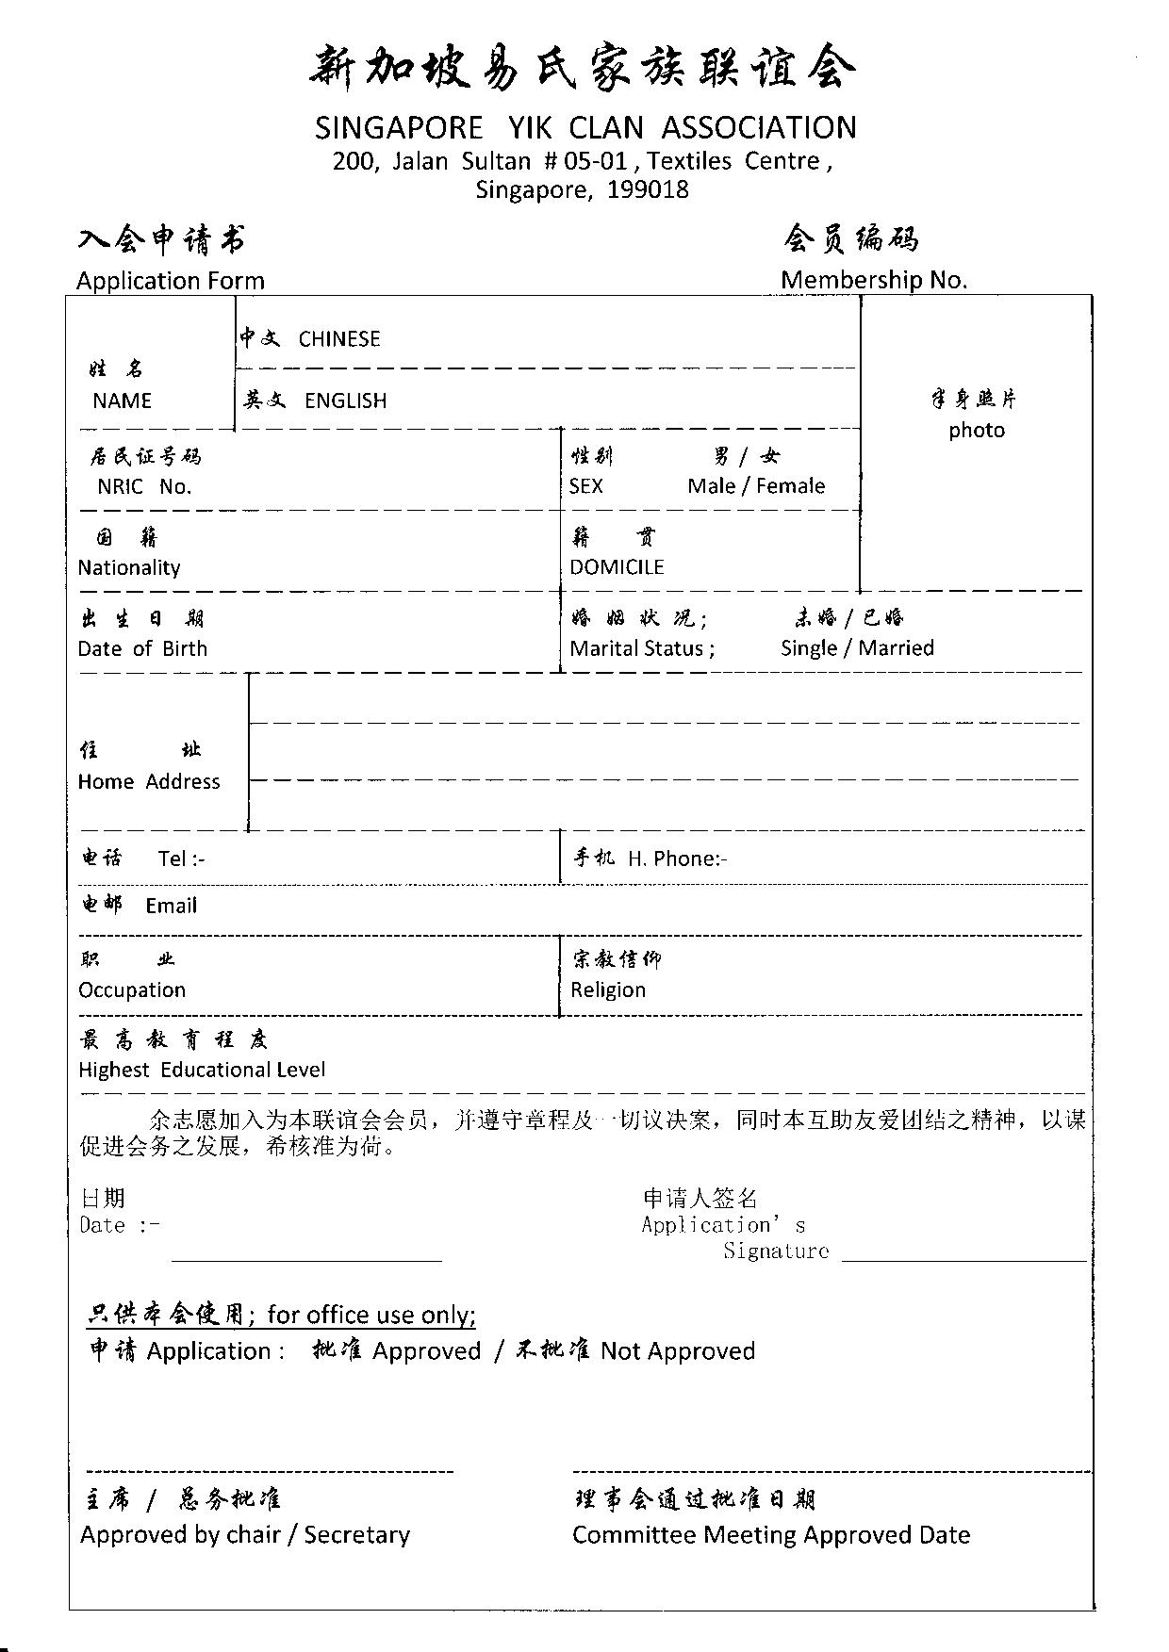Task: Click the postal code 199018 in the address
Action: (648, 190)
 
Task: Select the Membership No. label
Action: (874, 280)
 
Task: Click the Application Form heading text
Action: (171, 281)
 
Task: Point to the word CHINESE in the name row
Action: (339, 339)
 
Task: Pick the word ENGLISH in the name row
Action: (345, 401)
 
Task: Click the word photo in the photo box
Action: (977, 431)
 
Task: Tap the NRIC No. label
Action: (144, 487)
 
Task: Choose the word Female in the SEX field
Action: (790, 486)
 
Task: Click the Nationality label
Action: (129, 567)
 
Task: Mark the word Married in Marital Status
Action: (896, 648)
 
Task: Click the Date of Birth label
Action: (142, 648)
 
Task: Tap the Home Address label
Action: (149, 781)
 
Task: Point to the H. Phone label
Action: (677, 859)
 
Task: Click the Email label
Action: (172, 906)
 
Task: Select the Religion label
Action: (608, 990)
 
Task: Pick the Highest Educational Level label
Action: (202, 1070)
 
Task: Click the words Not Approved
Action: (678, 1351)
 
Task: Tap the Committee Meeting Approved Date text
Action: (771, 1535)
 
